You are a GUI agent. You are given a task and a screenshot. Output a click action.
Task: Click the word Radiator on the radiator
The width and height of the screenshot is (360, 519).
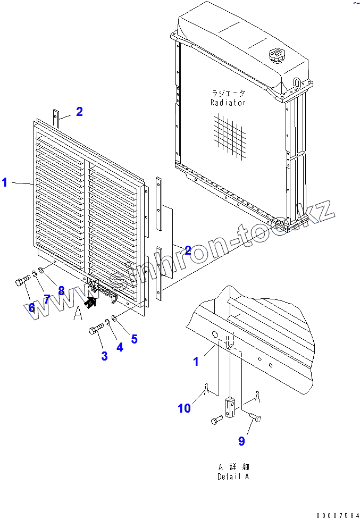tap(228, 103)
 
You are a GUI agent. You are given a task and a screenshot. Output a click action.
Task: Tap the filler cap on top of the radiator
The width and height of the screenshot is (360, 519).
tap(278, 54)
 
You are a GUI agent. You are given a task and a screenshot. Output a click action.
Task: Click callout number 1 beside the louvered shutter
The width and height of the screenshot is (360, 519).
tap(5, 183)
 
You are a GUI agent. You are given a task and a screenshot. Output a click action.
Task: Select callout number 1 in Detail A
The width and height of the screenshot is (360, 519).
tap(196, 362)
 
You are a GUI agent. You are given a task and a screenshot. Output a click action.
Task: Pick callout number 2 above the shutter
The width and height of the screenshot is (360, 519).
tap(79, 112)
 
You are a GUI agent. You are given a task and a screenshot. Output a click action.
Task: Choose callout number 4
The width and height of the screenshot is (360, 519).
tap(119, 348)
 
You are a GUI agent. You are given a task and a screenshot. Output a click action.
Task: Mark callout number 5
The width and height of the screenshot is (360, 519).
tap(134, 338)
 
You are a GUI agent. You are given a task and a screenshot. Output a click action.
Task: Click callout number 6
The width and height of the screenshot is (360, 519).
tap(31, 307)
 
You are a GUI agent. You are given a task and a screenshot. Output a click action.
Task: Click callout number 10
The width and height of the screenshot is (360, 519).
tap(184, 408)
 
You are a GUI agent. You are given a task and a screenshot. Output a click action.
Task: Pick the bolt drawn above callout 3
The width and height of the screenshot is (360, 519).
tap(96, 330)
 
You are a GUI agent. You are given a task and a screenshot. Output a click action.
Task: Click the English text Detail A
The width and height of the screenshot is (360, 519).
tap(233, 476)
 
